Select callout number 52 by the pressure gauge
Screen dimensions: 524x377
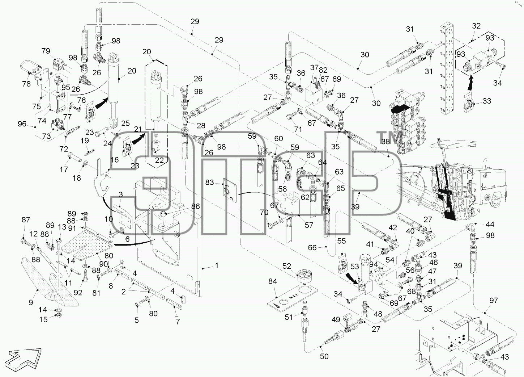coord(286,266)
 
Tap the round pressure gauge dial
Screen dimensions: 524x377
coord(304,276)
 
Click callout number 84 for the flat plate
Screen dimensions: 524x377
coord(273,281)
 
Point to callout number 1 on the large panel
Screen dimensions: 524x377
coord(217,265)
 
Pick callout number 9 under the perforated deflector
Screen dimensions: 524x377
coord(31,302)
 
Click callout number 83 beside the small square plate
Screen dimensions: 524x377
coord(209,182)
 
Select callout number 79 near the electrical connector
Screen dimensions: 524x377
coord(46,51)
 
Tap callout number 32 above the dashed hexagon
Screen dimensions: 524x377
coord(476,26)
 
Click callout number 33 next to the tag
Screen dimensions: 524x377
coord(487,101)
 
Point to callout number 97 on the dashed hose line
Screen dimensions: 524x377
coord(494,300)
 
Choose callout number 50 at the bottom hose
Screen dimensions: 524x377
coord(324,356)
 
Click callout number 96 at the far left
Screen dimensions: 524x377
coord(22,124)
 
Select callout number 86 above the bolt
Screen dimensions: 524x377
coord(195,206)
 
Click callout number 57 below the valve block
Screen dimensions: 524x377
coord(309,225)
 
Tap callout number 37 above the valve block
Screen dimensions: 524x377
coord(314,68)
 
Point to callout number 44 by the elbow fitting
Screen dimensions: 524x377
coord(490,225)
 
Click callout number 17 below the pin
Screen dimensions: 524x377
coord(64,169)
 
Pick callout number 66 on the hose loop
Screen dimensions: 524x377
coord(312,248)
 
